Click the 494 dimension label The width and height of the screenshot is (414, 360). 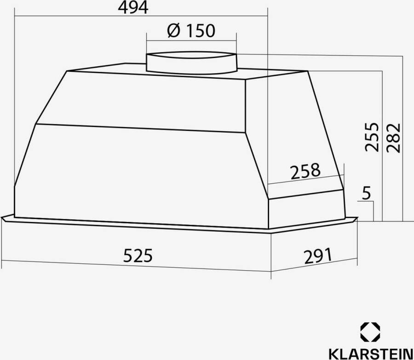coord(133,7)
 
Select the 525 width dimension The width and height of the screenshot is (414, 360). coord(138,255)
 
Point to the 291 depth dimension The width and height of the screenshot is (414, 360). coord(317,255)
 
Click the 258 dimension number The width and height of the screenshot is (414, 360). coord(305,171)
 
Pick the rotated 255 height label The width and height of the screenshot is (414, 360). coord(372,137)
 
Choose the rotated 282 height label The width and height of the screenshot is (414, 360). coord(394,138)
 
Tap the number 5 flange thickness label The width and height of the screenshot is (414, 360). coord(366,193)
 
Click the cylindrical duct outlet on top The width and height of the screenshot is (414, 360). coord(191,62)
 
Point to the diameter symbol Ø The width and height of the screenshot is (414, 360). coord(173,31)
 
